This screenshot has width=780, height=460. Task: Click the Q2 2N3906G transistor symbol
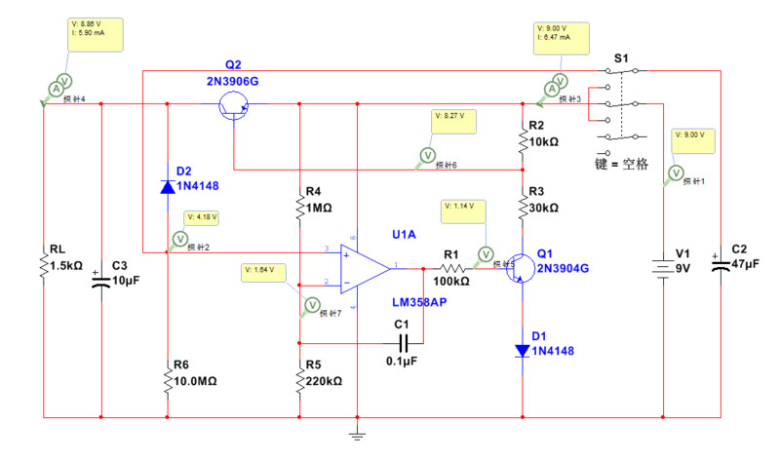point(235,109)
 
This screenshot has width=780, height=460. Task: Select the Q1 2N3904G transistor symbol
point(521,268)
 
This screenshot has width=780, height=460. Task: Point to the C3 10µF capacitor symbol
point(101,281)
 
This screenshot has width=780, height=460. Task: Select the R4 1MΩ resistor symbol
point(298,207)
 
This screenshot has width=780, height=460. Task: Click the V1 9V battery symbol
point(664,266)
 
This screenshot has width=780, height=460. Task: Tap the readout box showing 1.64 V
point(263,270)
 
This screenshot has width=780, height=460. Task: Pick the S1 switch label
point(620,58)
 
